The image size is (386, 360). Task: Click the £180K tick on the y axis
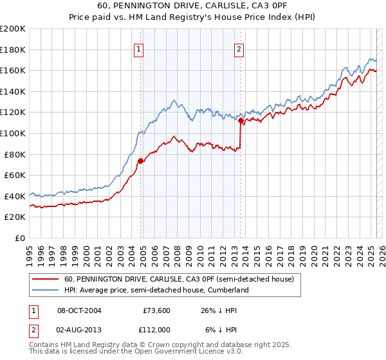click(x=14, y=50)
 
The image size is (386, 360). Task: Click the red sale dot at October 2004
click(x=140, y=161)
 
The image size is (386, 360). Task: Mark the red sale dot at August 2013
click(x=240, y=120)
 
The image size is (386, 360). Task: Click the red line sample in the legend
click(x=46, y=279)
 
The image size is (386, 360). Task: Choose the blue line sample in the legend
click(x=46, y=290)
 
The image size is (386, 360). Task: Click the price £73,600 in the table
click(x=156, y=310)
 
